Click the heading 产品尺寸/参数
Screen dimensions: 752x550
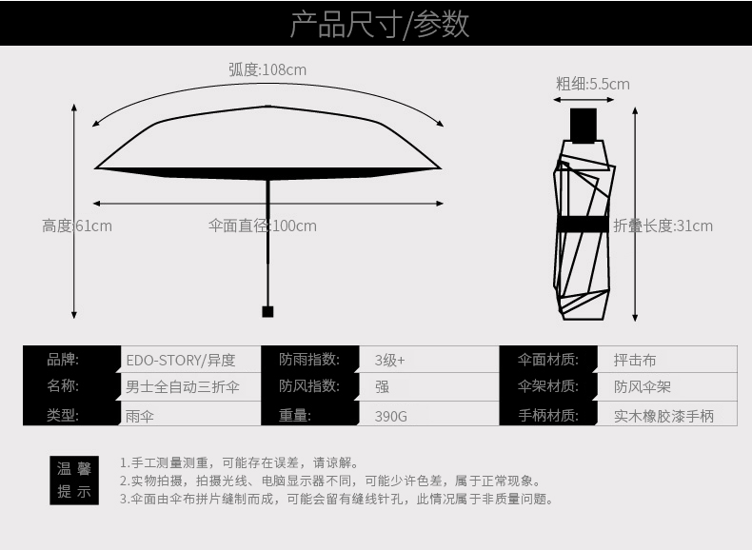point(379,24)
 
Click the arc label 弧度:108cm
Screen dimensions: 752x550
point(267,69)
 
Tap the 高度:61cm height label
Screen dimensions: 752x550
point(77,226)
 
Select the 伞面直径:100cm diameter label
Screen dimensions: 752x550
point(262,226)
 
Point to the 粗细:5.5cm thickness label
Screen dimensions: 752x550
point(592,84)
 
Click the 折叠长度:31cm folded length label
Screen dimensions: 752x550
point(663,226)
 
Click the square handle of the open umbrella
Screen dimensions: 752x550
point(267,311)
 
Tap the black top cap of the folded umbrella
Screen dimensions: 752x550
point(583,125)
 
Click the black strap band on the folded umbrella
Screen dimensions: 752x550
point(583,225)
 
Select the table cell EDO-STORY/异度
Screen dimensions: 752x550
point(180,361)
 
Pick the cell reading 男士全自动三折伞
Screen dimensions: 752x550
point(183,387)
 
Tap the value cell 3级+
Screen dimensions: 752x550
point(389,361)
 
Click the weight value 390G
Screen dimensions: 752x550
point(390,416)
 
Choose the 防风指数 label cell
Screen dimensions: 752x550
point(310,386)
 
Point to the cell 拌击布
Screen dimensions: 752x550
point(635,361)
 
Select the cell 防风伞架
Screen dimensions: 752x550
point(642,387)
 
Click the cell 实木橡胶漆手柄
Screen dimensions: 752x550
point(663,416)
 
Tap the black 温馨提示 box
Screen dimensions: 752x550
point(73,480)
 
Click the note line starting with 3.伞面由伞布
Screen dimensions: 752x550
point(336,499)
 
